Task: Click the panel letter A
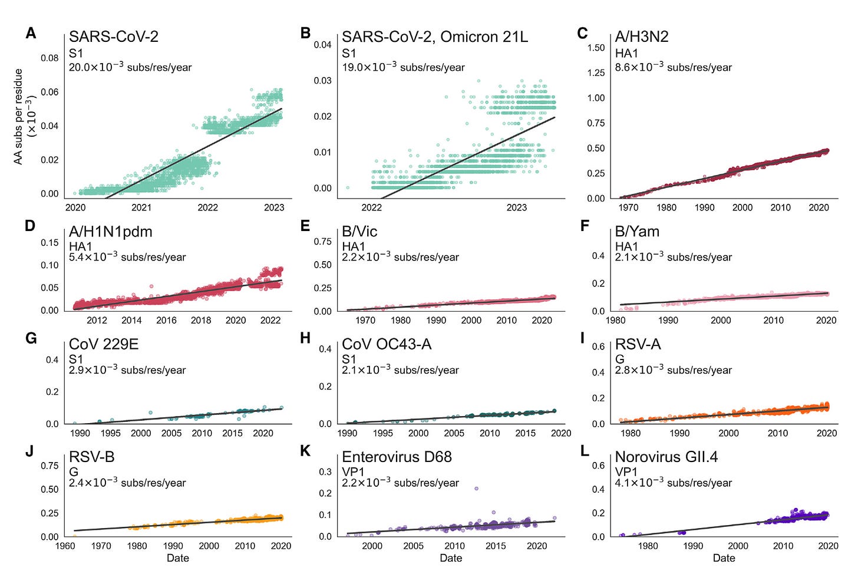31,34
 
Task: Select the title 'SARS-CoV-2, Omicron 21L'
435,37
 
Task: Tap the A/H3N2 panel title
641,37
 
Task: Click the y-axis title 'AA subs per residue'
19,116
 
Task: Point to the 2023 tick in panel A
274,207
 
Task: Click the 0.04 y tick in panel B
322,45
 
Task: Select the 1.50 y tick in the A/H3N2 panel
596,48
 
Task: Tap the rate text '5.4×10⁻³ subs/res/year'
127,257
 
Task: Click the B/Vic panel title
359,232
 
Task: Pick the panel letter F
585,226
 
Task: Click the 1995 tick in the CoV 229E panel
110,433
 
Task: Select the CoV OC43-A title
387,344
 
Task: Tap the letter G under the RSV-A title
619,359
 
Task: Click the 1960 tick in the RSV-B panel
65,546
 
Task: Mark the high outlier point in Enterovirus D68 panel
476,489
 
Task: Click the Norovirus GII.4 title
666,457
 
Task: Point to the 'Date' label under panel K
451,558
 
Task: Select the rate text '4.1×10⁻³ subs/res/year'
673,483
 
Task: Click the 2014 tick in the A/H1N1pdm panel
131,321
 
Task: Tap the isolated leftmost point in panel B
348,188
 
